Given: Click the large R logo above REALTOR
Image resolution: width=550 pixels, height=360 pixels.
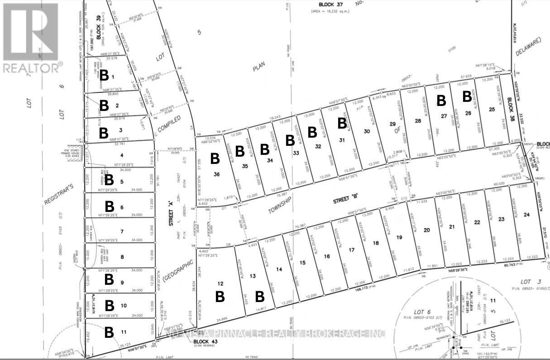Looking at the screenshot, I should click(x=30, y=32).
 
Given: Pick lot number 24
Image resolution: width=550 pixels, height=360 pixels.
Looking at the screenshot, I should click(x=526, y=214).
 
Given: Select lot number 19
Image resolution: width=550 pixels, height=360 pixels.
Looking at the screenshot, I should click(x=399, y=237).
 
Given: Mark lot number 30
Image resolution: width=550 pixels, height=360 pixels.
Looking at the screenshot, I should click(x=367, y=131).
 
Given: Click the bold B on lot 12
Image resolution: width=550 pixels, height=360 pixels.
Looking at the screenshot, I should click(x=220, y=297).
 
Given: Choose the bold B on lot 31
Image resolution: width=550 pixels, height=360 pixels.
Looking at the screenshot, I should click(x=342, y=123).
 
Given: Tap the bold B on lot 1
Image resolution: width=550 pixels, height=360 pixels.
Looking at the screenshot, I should click(x=104, y=75).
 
